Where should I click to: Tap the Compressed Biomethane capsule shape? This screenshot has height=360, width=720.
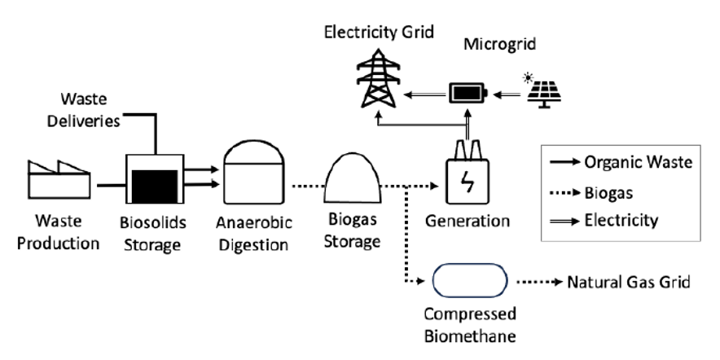point(467,283)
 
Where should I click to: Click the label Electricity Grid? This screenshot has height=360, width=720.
point(379,33)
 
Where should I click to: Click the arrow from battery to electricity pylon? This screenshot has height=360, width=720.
point(425,95)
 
